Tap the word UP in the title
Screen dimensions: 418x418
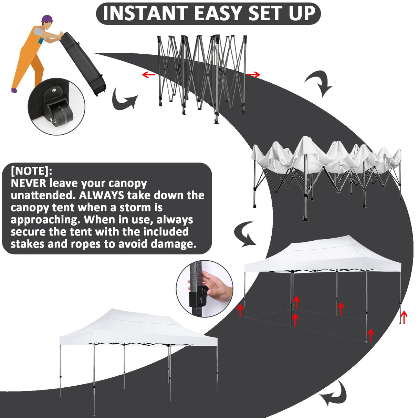pyautogui.click(x=302, y=13)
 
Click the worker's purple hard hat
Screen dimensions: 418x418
pyautogui.click(x=46, y=19)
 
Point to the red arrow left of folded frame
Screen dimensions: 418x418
pyautogui.click(x=148, y=74)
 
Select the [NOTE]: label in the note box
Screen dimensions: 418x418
pyautogui.click(x=31, y=171)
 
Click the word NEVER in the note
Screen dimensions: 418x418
pyautogui.click(x=28, y=183)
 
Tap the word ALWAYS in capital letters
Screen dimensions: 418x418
pyautogui.click(x=101, y=195)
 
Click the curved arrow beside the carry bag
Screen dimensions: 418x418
pyautogui.click(x=124, y=99)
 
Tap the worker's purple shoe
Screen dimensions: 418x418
pyautogui.click(x=14, y=91)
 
